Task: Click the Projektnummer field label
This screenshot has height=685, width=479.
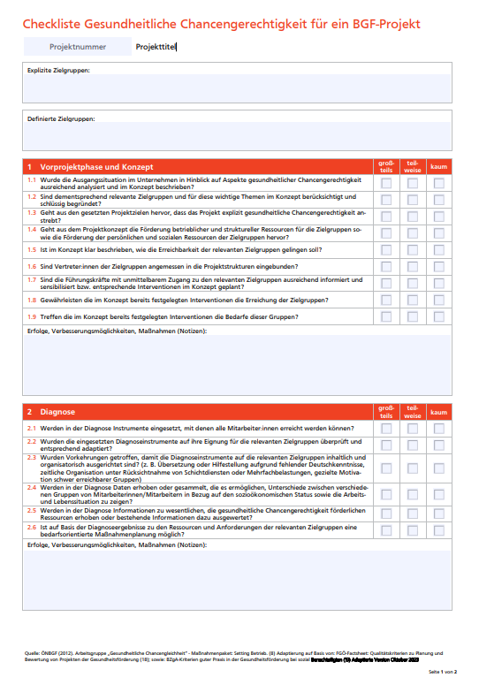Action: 79,46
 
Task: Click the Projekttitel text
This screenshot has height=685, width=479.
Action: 156,46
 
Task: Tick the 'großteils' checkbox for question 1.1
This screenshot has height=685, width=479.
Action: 385,183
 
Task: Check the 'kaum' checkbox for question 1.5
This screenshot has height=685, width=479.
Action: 438,250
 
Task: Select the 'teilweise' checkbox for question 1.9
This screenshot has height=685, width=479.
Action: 412,316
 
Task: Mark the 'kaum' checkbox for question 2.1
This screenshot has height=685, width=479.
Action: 438,428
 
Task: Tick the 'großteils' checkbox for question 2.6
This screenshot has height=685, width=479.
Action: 385,528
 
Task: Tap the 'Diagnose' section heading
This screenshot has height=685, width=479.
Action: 58,412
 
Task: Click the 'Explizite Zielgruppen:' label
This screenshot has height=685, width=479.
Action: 58,70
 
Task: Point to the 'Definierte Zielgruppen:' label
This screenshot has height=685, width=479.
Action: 60,118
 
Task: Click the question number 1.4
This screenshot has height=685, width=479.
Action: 31,227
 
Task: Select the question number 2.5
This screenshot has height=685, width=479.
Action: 31,510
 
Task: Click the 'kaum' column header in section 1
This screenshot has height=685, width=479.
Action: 438,166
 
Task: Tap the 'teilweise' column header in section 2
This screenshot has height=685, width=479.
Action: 412,412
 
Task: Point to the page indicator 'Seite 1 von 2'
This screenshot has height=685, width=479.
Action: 449,673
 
